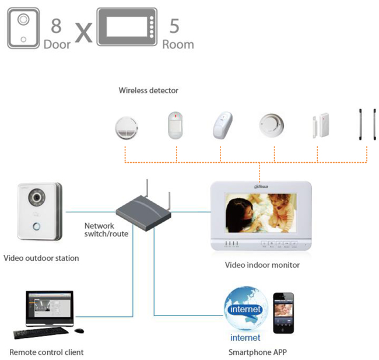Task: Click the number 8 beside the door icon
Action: pos(57,26)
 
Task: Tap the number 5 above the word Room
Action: pos(174,26)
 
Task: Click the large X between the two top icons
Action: pos(84,33)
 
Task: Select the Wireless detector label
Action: pos(148,90)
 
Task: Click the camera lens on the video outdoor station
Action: pos(37,198)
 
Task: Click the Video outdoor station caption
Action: pos(41,257)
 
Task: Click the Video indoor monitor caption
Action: pos(262,265)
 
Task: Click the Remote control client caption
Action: pos(47,352)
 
